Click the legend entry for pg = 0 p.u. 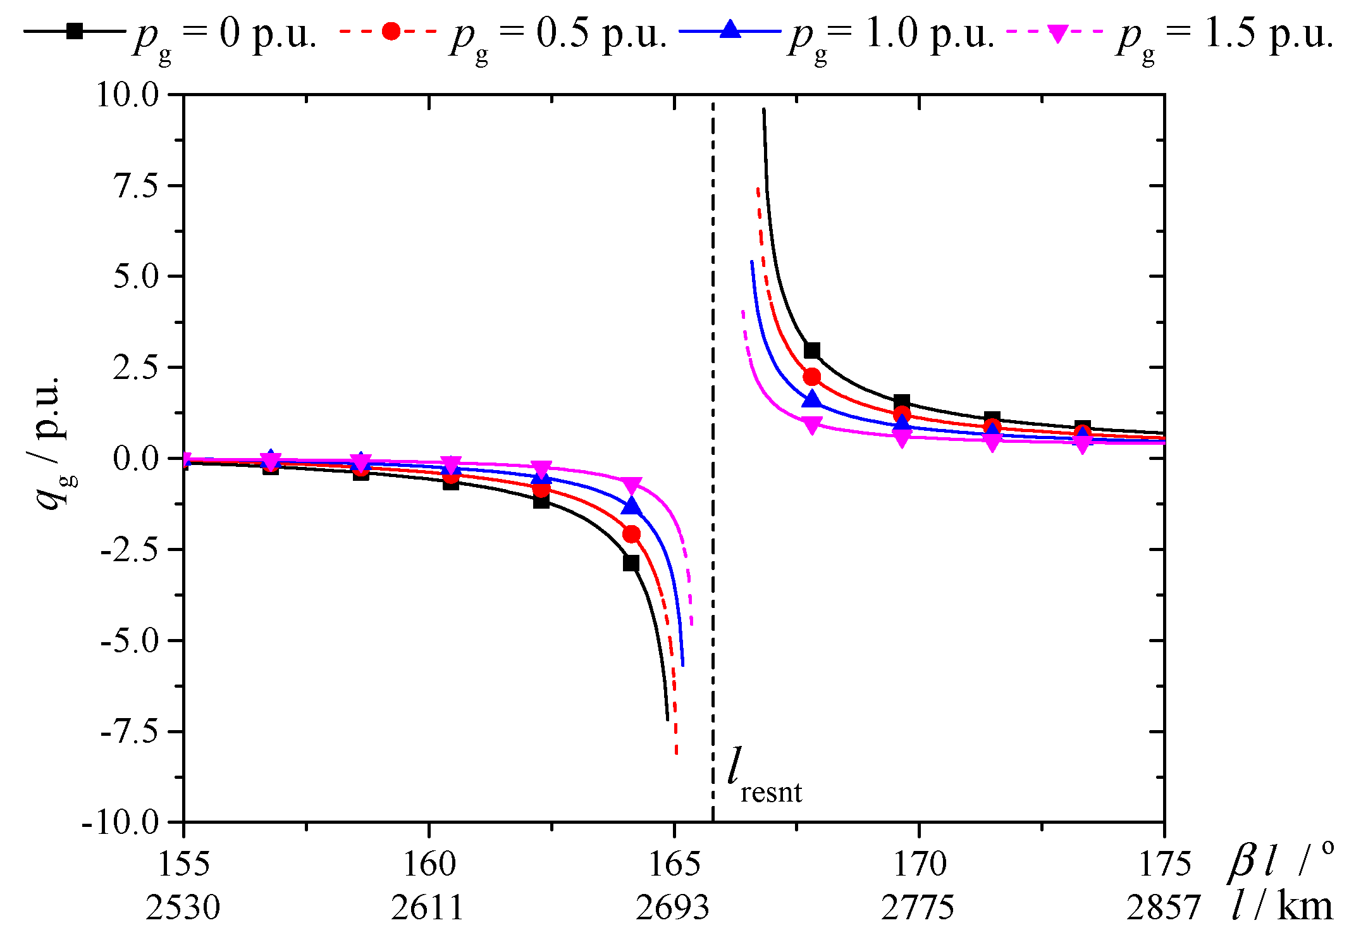click(171, 33)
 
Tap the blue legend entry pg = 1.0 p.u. click(835, 33)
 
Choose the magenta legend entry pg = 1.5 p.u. click(1170, 33)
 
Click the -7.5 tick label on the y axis click(130, 731)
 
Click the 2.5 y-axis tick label click(135, 368)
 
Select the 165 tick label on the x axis click(674, 864)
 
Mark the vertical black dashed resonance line click(713, 443)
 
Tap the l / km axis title click(1281, 906)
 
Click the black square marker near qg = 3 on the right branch click(812, 351)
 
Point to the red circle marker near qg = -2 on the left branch click(631, 535)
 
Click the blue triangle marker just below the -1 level click(631, 506)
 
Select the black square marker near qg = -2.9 click(631, 562)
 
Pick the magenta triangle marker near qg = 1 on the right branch click(812, 424)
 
